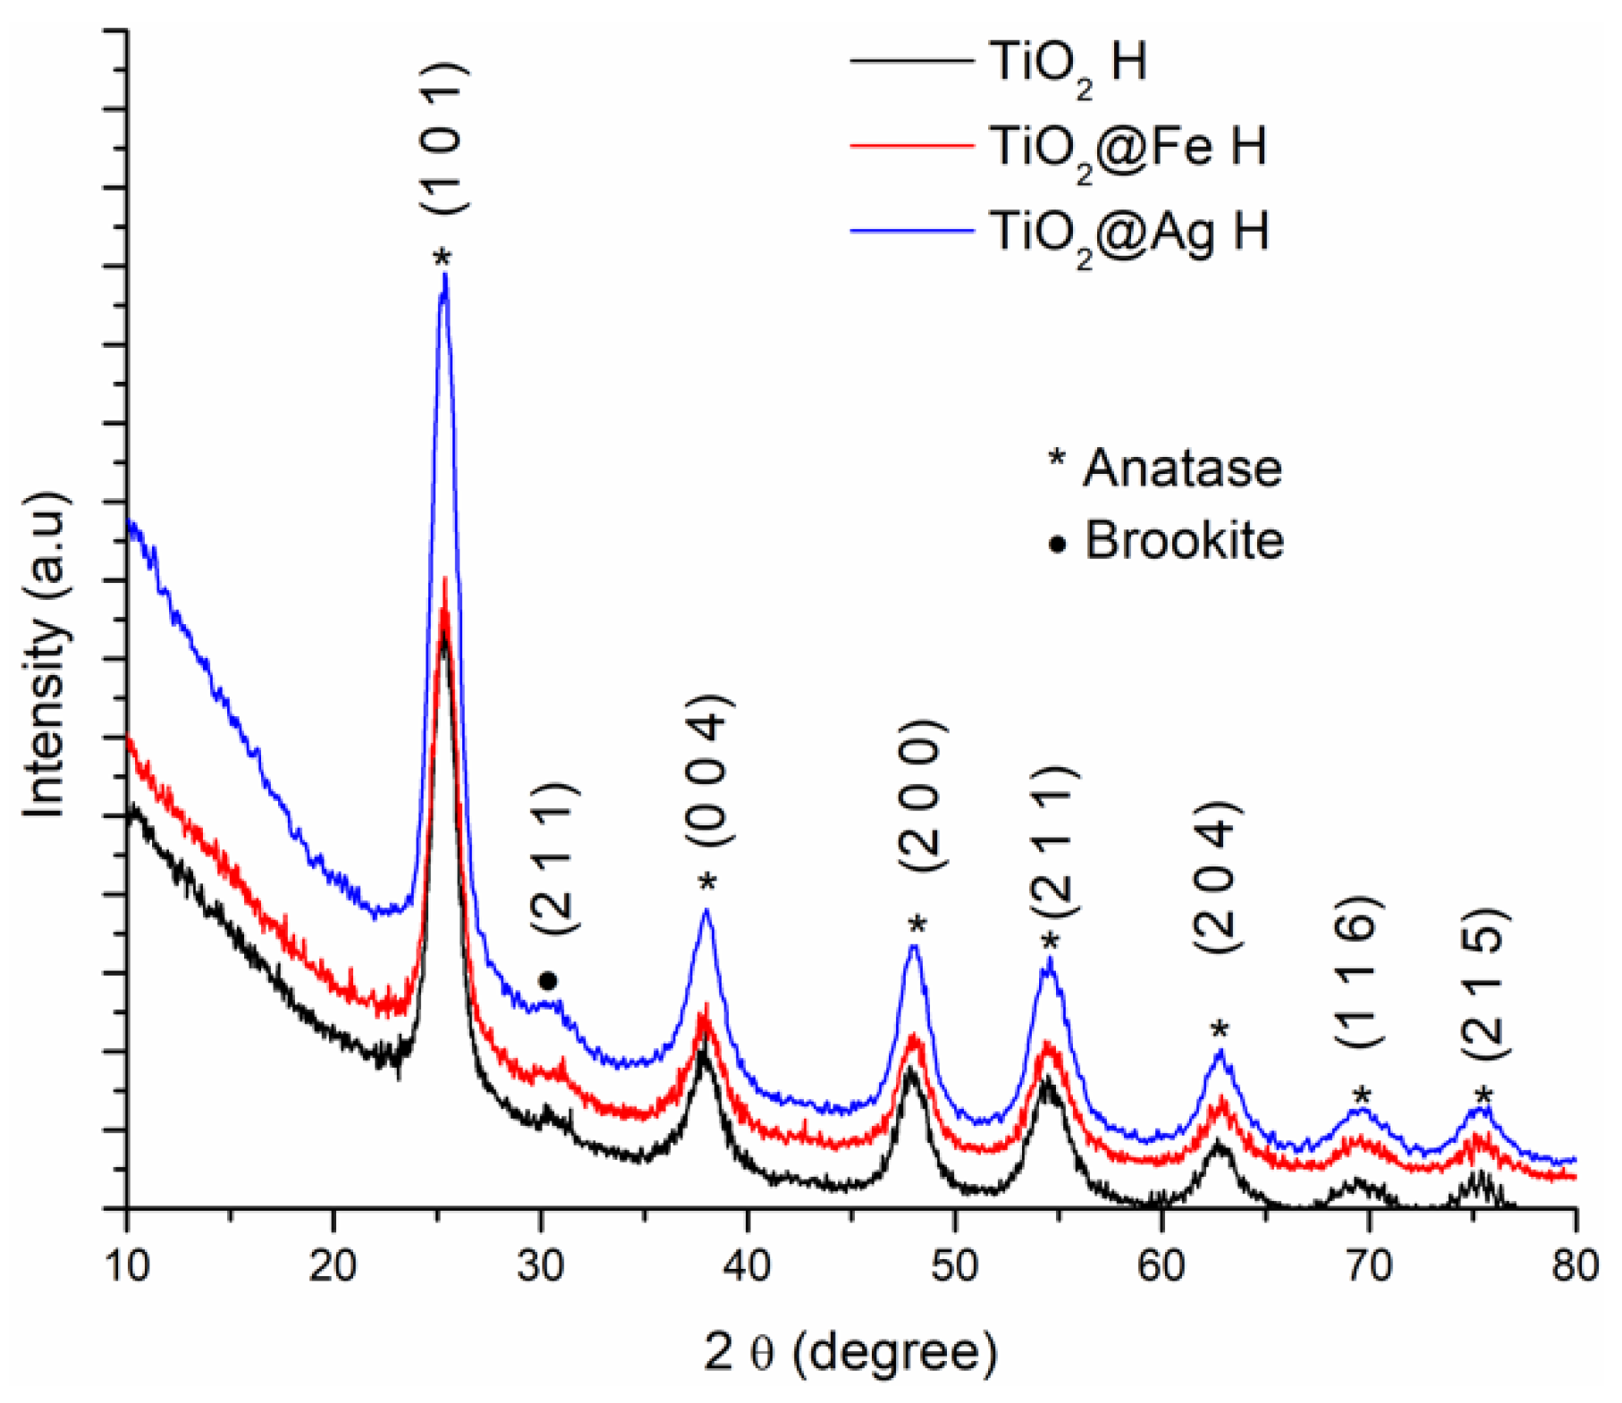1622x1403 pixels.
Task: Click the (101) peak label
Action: (x=444, y=139)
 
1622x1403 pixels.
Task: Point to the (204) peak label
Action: (x=1217, y=876)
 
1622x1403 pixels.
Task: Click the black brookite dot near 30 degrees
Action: (x=548, y=982)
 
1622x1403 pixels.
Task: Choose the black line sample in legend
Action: (x=912, y=61)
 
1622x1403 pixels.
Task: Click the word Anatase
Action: (x=1182, y=468)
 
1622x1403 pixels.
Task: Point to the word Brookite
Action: (x=1184, y=540)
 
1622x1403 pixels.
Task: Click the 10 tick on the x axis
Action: (x=128, y=1266)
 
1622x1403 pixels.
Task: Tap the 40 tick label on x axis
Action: (x=748, y=1266)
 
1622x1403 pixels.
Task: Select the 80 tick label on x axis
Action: (x=1575, y=1266)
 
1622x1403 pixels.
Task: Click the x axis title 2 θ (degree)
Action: (x=849, y=1352)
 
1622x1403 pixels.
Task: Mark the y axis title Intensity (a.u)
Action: (x=45, y=653)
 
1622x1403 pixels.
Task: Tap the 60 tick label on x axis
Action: (x=1161, y=1266)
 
